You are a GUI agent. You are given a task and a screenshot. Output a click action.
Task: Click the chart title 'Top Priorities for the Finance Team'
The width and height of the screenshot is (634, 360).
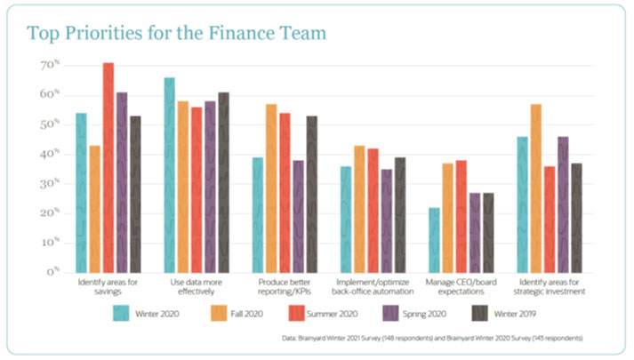point(176,33)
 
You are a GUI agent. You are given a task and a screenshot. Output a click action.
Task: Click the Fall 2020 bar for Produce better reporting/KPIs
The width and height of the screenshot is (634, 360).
point(271,188)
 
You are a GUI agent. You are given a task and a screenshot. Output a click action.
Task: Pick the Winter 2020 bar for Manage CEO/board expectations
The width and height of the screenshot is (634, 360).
point(434,239)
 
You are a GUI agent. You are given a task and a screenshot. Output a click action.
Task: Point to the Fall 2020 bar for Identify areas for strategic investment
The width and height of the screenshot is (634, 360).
point(536,188)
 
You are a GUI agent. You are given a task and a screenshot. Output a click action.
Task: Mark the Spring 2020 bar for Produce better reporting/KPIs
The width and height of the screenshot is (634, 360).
point(298,215)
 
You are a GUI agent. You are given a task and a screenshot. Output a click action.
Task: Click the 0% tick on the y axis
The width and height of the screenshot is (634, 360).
point(52,271)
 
